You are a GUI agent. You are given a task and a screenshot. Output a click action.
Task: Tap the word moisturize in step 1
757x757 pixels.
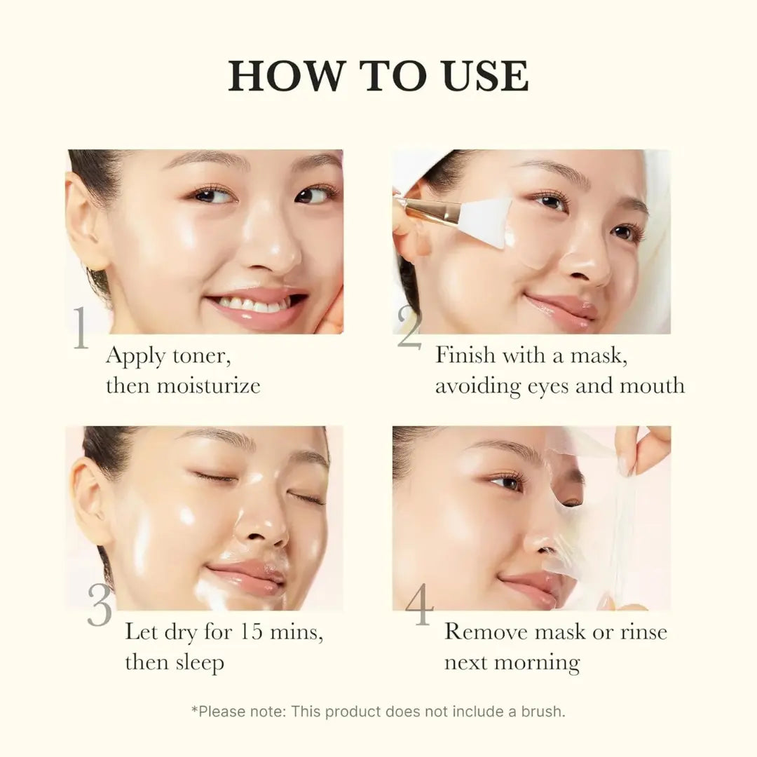coord(208,386)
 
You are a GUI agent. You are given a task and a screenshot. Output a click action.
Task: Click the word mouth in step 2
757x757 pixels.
coord(652,386)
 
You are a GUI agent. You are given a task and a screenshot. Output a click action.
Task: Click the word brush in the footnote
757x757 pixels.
coord(543,711)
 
